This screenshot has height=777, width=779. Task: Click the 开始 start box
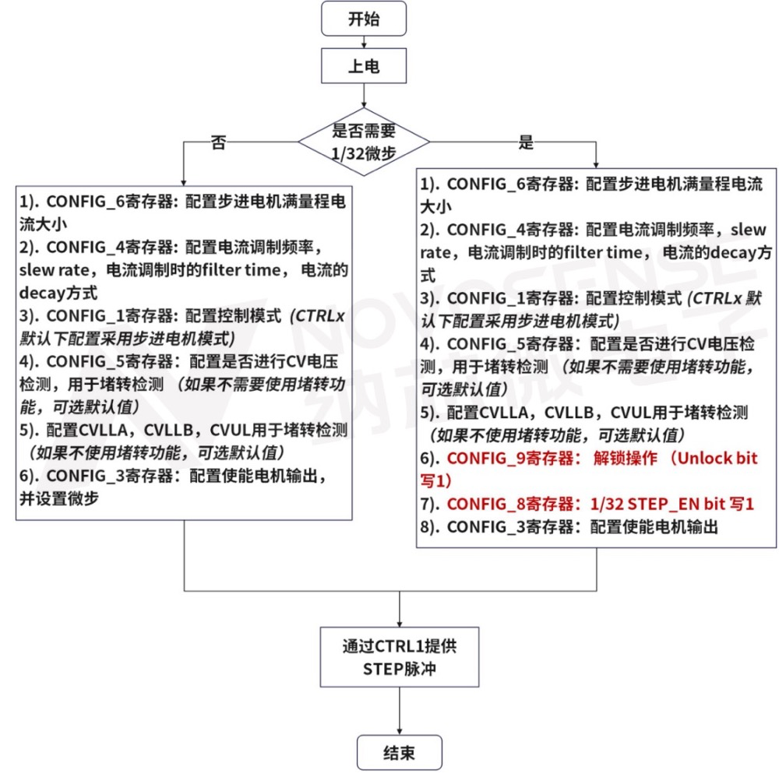click(x=364, y=19)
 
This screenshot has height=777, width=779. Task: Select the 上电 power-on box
click(x=364, y=66)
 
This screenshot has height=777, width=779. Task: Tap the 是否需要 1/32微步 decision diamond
click(x=364, y=141)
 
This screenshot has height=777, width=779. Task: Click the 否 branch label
click(x=218, y=143)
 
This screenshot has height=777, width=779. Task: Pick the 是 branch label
click(x=526, y=143)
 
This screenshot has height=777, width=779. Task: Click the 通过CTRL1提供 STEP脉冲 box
click(x=400, y=658)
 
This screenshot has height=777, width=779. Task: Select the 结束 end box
click(x=400, y=752)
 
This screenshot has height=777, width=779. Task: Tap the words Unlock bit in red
click(x=717, y=459)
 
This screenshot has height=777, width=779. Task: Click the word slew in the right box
click(x=751, y=230)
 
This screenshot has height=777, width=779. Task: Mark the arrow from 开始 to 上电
click(x=364, y=43)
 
